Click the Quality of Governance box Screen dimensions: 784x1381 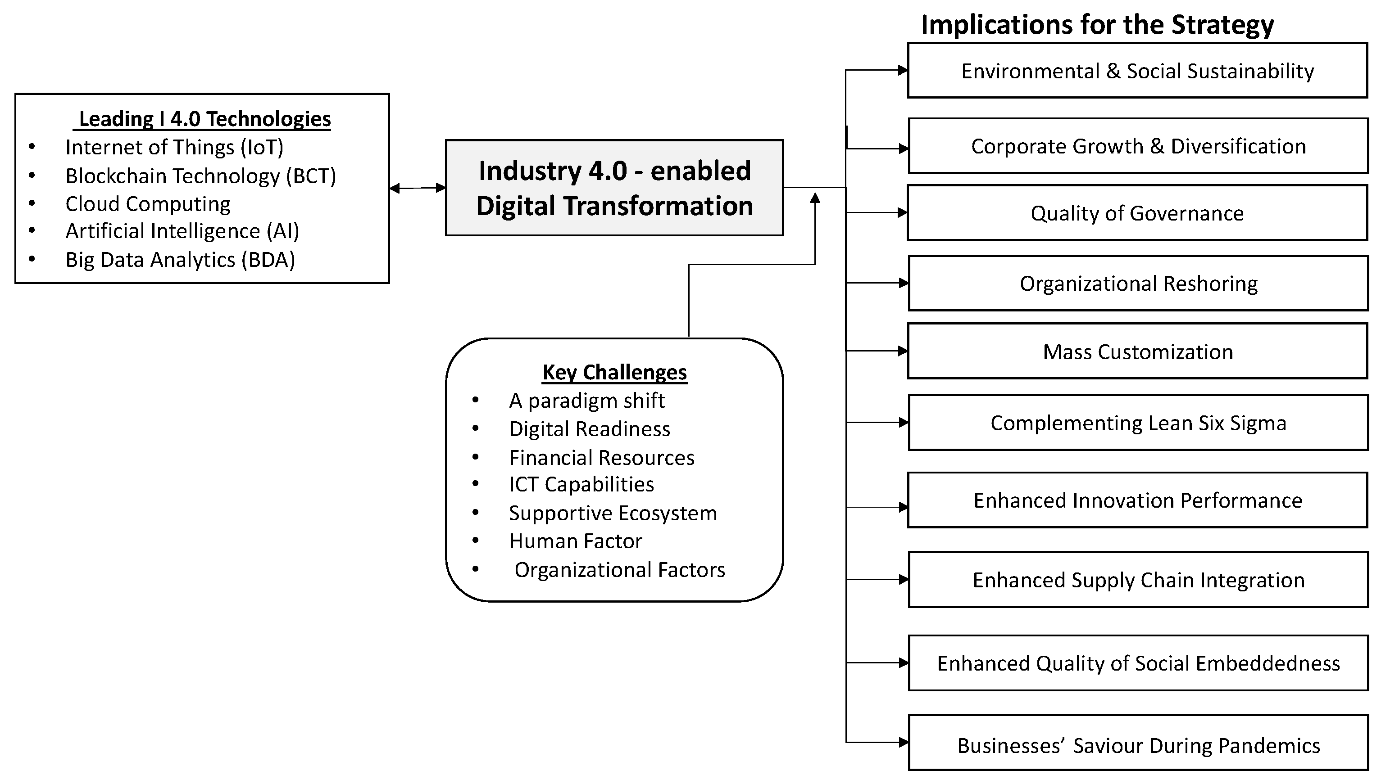pyautogui.click(x=1137, y=213)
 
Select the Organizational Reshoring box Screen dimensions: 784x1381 pyautogui.click(x=1138, y=283)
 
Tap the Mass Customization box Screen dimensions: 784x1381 pyautogui.click(x=1137, y=351)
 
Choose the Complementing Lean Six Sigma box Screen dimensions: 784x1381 pyautogui.click(x=1138, y=423)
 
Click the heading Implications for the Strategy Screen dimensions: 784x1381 pyautogui.click(x=1097, y=25)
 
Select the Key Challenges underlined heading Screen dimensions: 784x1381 pyautogui.click(x=614, y=372)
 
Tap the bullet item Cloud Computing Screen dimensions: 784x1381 pyautogui.click(x=148, y=203)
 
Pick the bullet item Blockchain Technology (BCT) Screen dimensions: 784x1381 pyautogui.click(x=200, y=176)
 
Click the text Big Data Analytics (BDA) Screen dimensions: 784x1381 pyautogui.click(x=180, y=260)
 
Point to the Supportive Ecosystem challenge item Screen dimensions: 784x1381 pyautogui.click(x=613, y=513)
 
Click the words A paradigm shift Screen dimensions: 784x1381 pyautogui.click(x=586, y=400)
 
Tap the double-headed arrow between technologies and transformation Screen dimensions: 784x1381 pyautogui.click(x=418, y=188)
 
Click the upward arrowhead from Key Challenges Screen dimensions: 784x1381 pyautogui.click(x=815, y=198)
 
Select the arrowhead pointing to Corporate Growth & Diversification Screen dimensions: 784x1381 pyautogui.click(x=904, y=149)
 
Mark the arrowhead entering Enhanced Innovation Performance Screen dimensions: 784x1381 pyautogui.click(x=904, y=507)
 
